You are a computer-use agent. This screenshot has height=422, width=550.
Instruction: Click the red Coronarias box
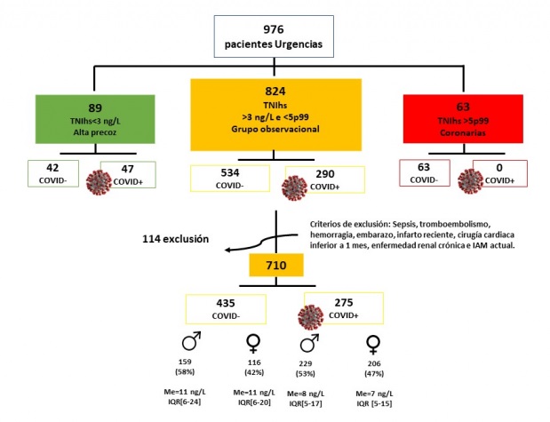(461, 116)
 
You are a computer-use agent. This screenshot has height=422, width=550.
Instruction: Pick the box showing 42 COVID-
(51, 174)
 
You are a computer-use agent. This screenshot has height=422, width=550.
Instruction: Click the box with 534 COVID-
(230, 179)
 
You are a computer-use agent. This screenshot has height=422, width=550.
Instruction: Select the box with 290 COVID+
(325, 179)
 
